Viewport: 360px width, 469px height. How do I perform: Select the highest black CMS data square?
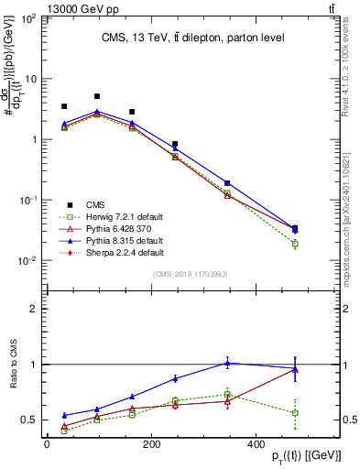pyautogui.click(x=97, y=96)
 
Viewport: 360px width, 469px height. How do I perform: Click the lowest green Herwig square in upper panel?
pyautogui.click(x=294, y=244)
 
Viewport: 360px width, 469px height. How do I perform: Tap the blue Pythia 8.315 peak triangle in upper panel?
pyautogui.click(x=97, y=112)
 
